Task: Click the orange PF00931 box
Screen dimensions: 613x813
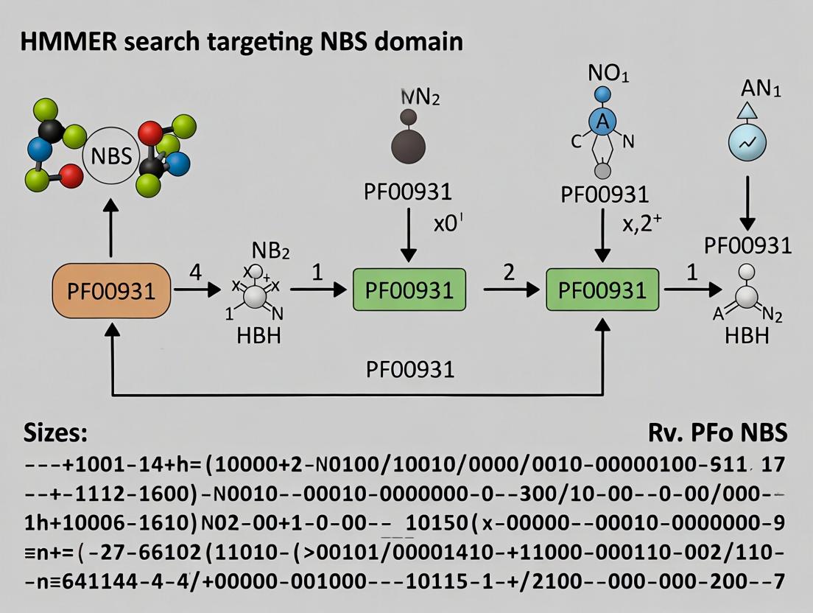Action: point(112,290)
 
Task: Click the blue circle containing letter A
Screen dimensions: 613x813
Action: point(602,123)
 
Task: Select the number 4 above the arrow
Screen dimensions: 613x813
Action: point(195,271)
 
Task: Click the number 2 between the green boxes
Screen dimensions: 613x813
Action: point(508,271)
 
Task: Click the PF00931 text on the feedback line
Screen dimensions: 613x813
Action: point(410,368)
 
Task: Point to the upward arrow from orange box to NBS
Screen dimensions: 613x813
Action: point(112,231)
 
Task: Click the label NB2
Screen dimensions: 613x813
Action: point(270,250)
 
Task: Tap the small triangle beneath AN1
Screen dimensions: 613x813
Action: point(748,111)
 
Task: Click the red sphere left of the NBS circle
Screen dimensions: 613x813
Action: point(70,175)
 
